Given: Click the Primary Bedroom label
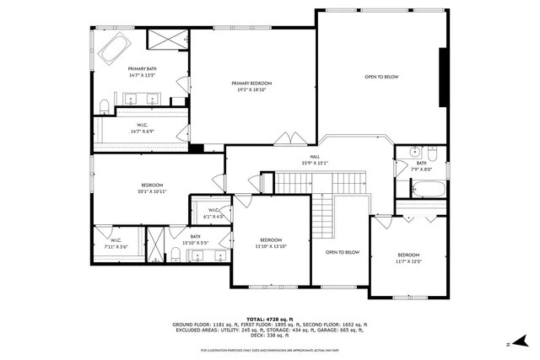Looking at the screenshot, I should tap(252, 83).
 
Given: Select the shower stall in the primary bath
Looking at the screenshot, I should tap(167, 39).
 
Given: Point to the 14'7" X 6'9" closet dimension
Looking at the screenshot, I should tap(140, 131).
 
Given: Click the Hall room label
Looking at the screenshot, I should tap(314, 157).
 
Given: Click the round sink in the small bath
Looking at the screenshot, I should tap(414, 153).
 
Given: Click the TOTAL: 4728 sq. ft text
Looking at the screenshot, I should tap(269, 318).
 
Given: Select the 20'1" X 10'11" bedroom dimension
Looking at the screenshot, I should tap(152, 191).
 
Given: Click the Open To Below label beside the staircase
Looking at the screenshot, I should tap(343, 252).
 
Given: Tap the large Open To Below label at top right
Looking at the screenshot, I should tap(381, 77).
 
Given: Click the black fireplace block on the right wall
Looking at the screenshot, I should tap(443, 77).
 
